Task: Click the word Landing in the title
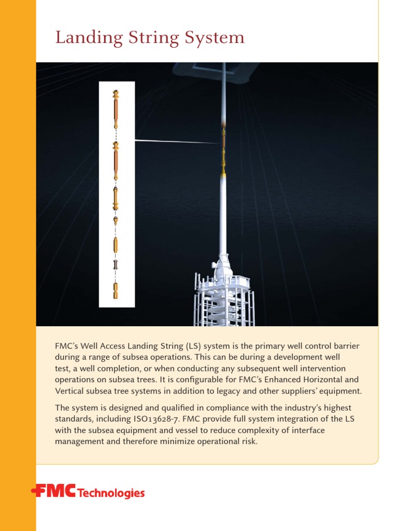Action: [x=81, y=38]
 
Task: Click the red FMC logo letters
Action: [x=54, y=491]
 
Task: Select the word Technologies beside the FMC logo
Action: [x=111, y=493]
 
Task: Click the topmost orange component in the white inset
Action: [x=116, y=109]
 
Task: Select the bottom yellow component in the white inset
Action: [x=116, y=291]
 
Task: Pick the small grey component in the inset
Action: [x=116, y=265]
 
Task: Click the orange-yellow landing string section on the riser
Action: [x=223, y=150]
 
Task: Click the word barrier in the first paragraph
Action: [x=346, y=346]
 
